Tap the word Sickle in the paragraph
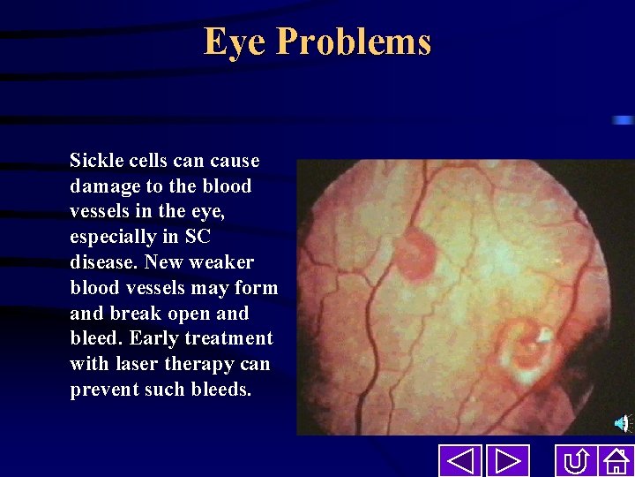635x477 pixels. click(x=94, y=161)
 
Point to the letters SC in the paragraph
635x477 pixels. click(x=197, y=237)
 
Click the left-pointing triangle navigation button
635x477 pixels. click(x=460, y=461)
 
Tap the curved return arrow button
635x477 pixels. click(x=577, y=461)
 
